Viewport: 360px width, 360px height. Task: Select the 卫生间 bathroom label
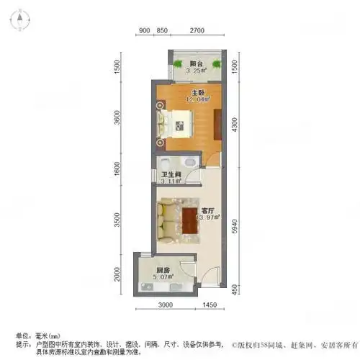pyautogui.click(x=170, y=174)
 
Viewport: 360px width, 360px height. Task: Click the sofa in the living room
pyautogui.click(x=168, y=219)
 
